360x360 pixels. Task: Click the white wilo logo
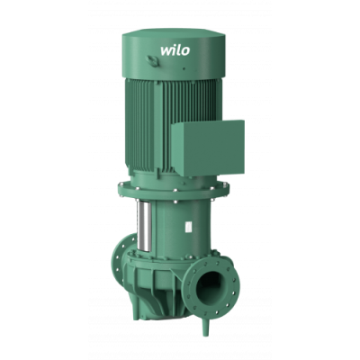click(175, 50)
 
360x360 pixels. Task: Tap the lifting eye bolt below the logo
click(152, 61)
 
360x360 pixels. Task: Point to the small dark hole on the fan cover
click(184, 68)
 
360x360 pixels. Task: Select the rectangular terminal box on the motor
click(208, 148)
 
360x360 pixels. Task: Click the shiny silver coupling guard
click(144, 224)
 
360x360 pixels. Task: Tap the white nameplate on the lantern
click(188, 227)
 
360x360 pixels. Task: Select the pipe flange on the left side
click(122, 259)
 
